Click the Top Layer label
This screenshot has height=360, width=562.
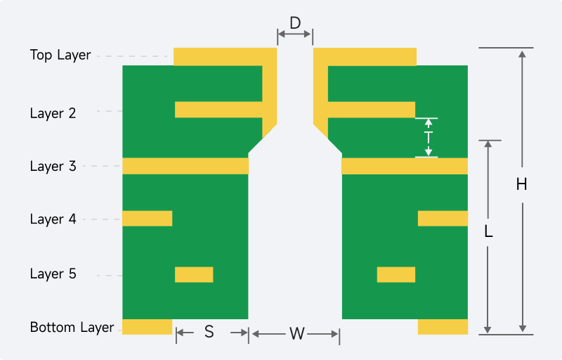point(60,56)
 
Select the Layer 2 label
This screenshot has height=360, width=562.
point(53,113)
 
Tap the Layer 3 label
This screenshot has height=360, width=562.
point(53,167)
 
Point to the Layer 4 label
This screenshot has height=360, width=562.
point(53,219)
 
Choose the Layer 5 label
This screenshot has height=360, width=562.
point(53,274)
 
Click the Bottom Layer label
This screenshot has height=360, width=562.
point(72,328)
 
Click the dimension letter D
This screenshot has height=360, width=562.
point(295,23)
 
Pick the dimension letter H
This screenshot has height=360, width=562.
point(522,185)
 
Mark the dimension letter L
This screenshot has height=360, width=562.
point(488,231)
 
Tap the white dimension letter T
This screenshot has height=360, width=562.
point(429,138)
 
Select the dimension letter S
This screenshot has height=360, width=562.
point(209,332)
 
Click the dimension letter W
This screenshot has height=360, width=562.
point(297,334)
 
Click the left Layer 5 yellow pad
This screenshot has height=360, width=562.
point(194,275)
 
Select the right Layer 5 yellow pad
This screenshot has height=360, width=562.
point(396,275)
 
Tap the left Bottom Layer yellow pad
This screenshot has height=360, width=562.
point(148,327)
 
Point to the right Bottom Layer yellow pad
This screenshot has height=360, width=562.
point(443,327)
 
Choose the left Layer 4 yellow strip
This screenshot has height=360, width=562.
point(148,219)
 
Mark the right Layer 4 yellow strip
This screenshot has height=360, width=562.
point(443,219)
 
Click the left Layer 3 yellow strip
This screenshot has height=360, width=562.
point(185,166)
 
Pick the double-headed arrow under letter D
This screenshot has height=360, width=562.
point(294,34)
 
